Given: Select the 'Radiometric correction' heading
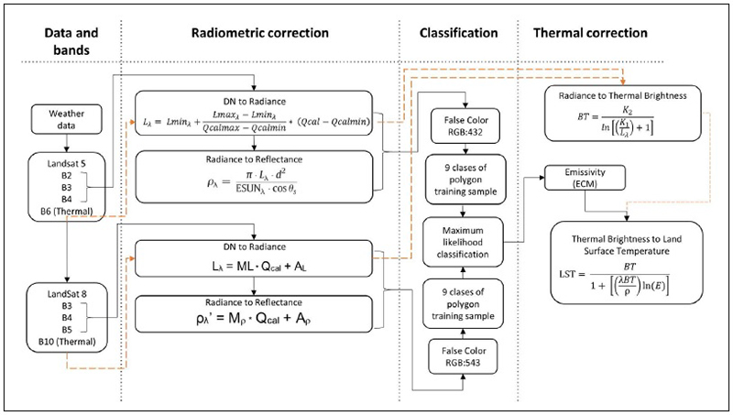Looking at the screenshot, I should [258, 32].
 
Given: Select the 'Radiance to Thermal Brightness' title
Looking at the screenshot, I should [626, 95].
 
